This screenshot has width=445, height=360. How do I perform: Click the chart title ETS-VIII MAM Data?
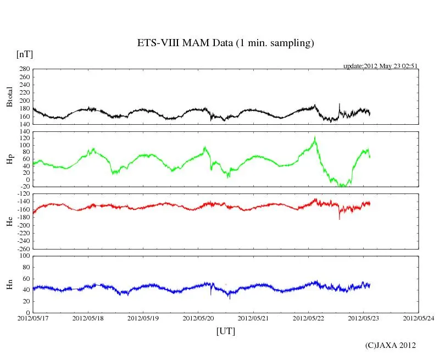pos(225,43)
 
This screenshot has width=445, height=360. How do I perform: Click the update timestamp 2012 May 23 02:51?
pos(381,66)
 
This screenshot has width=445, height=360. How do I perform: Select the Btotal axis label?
pos(9,96)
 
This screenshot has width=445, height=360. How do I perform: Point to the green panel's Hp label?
pos(9,159)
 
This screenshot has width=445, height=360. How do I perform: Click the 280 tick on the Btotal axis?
pos(24,69)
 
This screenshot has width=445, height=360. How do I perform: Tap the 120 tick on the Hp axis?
pos(24,137)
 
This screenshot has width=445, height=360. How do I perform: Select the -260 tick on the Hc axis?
pos(23,248)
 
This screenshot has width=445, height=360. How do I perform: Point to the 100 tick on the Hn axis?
pos(24,256)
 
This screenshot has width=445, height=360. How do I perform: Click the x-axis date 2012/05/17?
pos(33,318)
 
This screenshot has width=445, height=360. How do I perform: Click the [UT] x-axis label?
pos(226,331)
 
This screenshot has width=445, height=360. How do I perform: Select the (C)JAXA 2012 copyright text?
pos(390,345)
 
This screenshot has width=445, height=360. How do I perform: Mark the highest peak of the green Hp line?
pos(315,137)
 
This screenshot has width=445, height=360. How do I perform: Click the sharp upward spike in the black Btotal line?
pos(339,104)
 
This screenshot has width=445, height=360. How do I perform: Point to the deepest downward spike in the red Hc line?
pos(339,219)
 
